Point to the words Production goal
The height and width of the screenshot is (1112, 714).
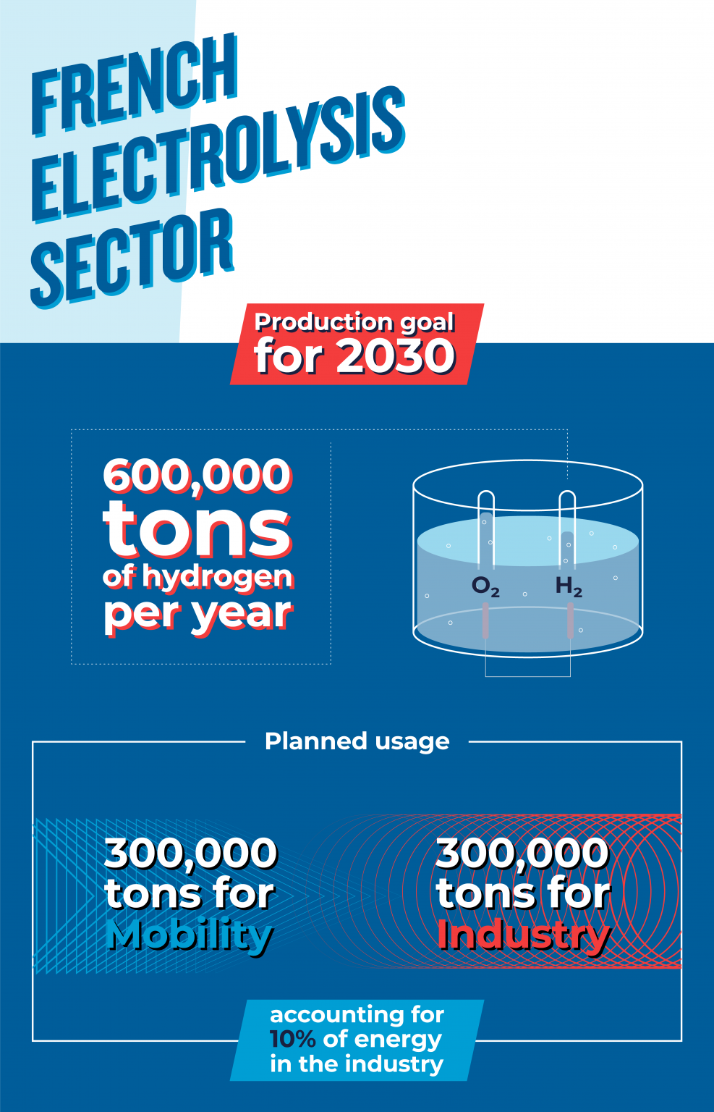click(354, 321)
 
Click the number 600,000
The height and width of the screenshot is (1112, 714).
click(197, 476)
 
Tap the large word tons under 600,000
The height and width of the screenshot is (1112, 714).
click(197, 530)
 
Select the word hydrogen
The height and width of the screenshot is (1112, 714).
click(217, 577)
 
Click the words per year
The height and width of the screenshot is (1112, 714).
click(197, 613)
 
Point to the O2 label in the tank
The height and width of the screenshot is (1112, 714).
click(485, 586)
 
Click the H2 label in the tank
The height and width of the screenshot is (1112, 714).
click(569, 586)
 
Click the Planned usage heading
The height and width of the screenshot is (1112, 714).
click(357, 741)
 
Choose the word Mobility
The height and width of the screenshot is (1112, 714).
click(190, 935)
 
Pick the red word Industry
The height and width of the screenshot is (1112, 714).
click(523, 935)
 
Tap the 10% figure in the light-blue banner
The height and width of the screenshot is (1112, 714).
click(292, 1039)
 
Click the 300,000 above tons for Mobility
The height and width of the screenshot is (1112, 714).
click(191, 853)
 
